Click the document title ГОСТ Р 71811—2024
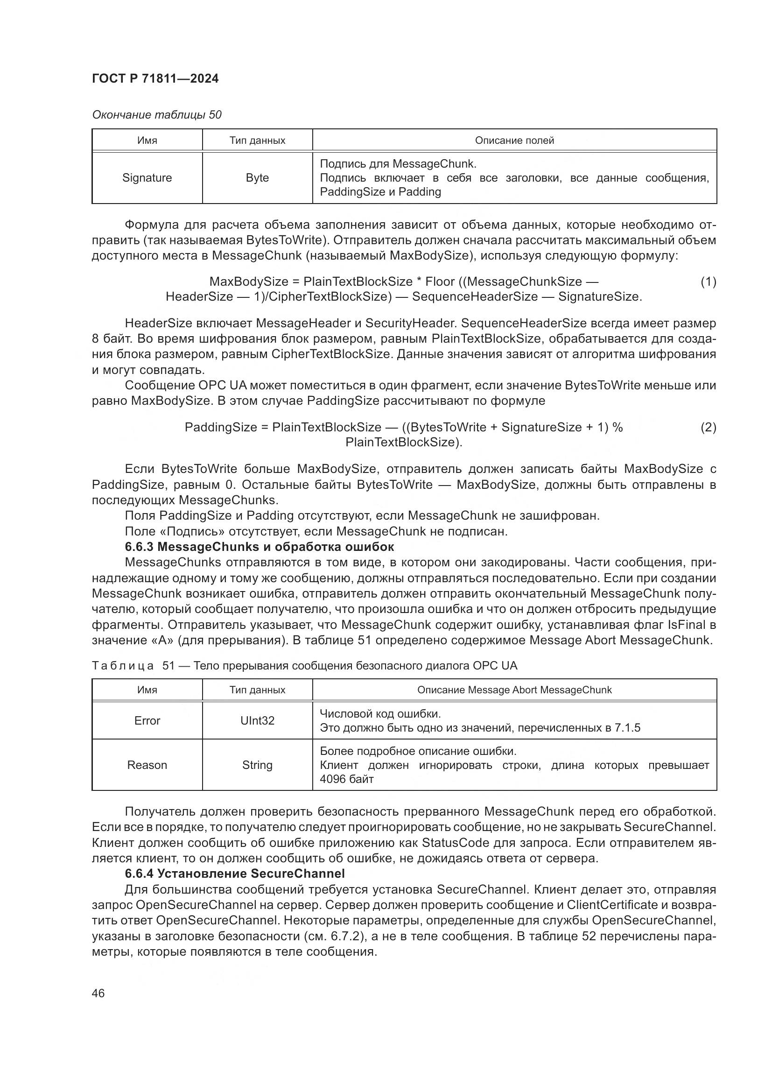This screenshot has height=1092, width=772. [155, 79]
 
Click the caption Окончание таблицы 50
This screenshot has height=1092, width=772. [156, 115]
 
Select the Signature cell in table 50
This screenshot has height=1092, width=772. [147, 178]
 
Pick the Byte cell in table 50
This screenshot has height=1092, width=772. [257, 178]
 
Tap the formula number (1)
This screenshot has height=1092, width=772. [708, 282]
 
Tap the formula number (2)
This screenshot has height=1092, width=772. [708, 427]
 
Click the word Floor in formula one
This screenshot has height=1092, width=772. [440, 282]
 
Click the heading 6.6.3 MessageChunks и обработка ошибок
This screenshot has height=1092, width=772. [260, 547]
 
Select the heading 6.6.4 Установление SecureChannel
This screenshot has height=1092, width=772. [234, 874]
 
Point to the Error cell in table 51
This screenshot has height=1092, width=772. [147, 720]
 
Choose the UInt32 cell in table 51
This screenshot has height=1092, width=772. [257, 720]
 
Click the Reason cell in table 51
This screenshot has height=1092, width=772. [147, 765]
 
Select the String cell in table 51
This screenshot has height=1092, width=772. [257, 765]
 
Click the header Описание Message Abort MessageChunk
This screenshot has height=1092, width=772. [514, 690]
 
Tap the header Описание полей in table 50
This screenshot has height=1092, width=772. [514, 141]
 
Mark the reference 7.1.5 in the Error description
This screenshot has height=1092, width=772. [627, 728]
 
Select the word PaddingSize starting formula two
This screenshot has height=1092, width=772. [221, 427]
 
